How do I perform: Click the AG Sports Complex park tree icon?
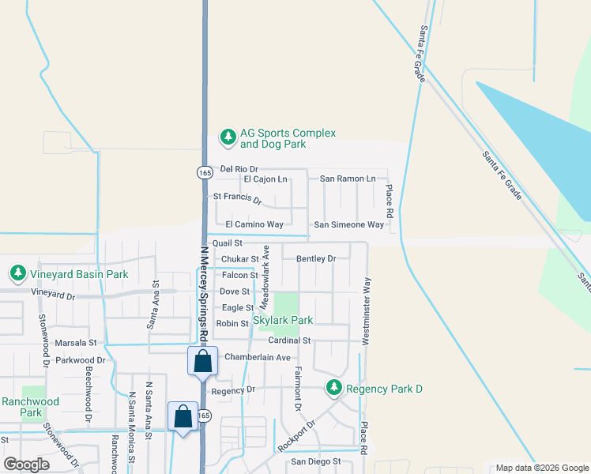coord(228,137)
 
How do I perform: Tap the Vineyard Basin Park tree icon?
coord(17,273)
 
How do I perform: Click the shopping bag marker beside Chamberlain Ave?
coord(203,362)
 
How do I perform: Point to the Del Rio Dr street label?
coord(239,169)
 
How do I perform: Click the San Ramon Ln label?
coord(348,179)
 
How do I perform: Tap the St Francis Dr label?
coord(237,197)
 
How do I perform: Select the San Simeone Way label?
coord(348,225)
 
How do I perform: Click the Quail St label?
coord(227,243)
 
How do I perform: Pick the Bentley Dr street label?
coord(316,258)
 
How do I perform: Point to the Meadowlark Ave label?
coord(266,267)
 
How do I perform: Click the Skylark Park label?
coord(283,321)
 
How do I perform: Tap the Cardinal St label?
coord(289,340)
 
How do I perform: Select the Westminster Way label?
coord(366,310)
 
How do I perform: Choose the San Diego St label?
coord(315,461)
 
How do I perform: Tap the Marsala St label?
coord(76,343)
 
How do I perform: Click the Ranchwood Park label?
coord(30,407)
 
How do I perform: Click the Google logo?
coord(27,464)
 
